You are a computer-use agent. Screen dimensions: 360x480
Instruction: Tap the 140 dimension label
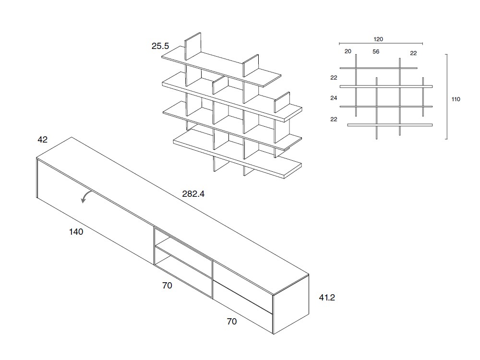coord(76,232)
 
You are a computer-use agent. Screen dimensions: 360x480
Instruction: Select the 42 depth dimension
coord(43,140)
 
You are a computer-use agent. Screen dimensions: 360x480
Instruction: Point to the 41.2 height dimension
coord(327,298)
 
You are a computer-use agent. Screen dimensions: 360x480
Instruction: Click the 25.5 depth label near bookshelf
coord(160,47)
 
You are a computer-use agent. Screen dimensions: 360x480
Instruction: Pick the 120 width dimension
coord(378,39)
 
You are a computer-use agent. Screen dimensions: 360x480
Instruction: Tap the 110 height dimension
coord(456,99)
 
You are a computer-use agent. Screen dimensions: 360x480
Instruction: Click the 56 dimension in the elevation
coord(376,52)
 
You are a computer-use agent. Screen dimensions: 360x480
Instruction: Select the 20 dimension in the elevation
coord(348,51)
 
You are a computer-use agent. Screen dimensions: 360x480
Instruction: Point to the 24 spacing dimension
coord(334,98)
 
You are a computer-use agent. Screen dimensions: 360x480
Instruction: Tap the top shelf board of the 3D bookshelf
coord(221,67)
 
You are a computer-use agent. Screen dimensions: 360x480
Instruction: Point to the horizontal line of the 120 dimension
coord(381,43)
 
